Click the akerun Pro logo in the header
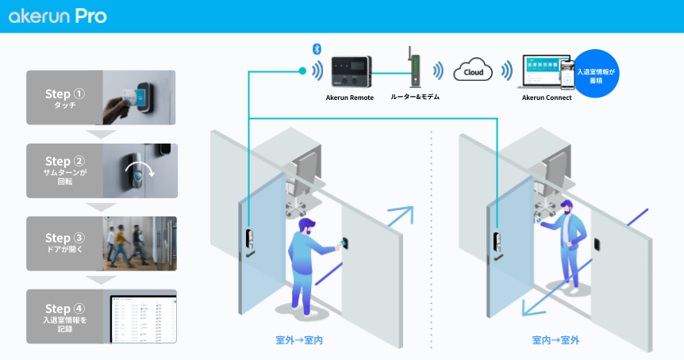tap(58, 17)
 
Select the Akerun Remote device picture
tap(350, 72)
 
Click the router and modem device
tap(413, 69)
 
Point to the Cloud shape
tap(473, 72)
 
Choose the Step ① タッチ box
tap(102, 98)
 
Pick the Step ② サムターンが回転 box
tap(102, 170)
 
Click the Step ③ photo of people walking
tap(140, 243)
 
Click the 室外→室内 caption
tap(299, 340)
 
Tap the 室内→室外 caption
tap(555, 340)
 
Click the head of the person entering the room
tap(306, 227)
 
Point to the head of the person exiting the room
tap(566, 207)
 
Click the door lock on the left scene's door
tap(249, 240)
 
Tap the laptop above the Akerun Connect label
tap(542, 72)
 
